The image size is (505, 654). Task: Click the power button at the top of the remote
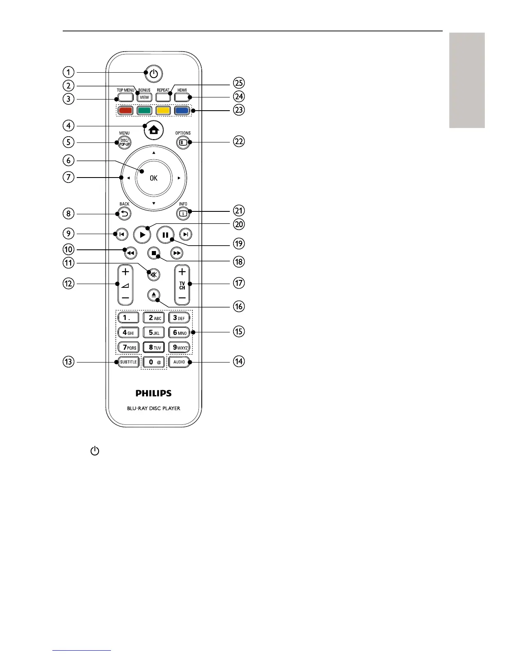[x=153, y=74]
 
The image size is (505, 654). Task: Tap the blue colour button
[x=182, y=111]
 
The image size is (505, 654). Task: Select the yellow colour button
[x=163, y=111]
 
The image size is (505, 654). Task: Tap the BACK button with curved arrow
[x=125, y=214]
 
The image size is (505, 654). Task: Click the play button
[x=142, y=235]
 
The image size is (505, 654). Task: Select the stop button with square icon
[x=154, y=253]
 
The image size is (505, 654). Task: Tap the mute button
[x=154, y=274]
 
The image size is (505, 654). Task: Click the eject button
[x=153, y=295]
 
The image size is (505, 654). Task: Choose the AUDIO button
[x=179, y=362]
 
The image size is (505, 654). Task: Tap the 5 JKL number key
[x=154, y=332]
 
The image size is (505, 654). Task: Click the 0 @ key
[x=154, y=362]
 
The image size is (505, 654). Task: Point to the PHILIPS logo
[x=153, y=393]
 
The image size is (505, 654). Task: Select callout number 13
[x=68, y=362]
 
